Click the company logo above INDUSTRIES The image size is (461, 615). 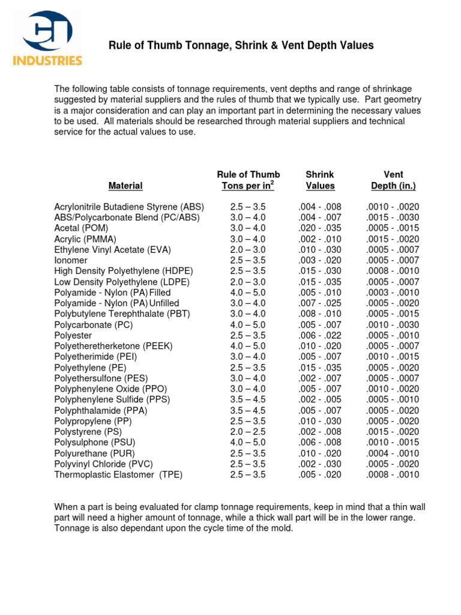(x=45, y=29)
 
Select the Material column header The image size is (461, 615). (x=125, y=186)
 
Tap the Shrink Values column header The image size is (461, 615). (x=319, y=180)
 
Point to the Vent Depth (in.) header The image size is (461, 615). (x=393, y=180)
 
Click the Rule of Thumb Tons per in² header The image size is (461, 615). (x=248, y=180)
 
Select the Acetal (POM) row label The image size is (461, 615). (x=81, y=228)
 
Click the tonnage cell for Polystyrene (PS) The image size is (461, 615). (x=248, y=432)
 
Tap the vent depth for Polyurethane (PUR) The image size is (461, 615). (x=393, y=453)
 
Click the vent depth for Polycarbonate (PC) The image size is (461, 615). (x=393, y=325)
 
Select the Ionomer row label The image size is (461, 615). (x=71, y=261)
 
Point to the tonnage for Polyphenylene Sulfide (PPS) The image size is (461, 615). (x=248, y=400)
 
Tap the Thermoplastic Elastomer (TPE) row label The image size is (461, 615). (x=118, y=474)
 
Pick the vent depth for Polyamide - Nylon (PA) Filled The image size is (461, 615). (x=393, y=292)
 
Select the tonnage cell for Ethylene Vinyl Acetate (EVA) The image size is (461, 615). (x=248, y=250)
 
